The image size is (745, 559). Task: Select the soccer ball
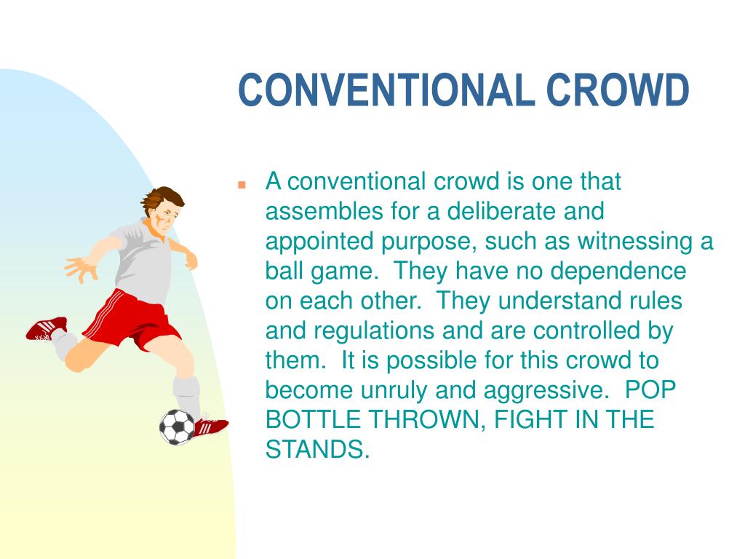click(x=177, y=427)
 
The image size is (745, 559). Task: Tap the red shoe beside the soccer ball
click(x=210, y=426)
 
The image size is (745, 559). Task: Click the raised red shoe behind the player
click(x=45, y=328)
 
